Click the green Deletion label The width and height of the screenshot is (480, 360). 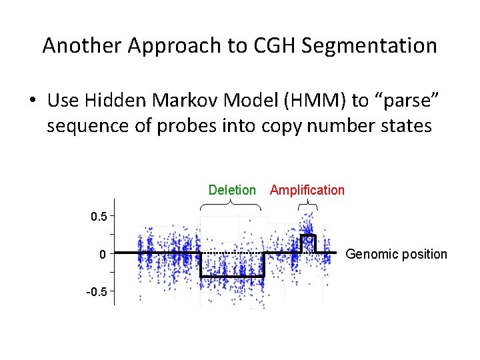232,190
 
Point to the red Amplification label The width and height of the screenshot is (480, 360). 307,190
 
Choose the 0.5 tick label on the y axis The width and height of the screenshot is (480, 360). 99,216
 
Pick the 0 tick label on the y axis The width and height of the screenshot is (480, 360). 102,254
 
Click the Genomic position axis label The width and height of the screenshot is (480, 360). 397,254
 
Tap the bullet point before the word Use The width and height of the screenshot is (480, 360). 31,101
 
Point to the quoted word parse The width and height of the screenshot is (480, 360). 411,101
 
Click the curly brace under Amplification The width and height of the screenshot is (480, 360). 307,204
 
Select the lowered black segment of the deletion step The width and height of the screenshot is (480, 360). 232,276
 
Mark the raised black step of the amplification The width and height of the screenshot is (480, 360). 308,236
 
